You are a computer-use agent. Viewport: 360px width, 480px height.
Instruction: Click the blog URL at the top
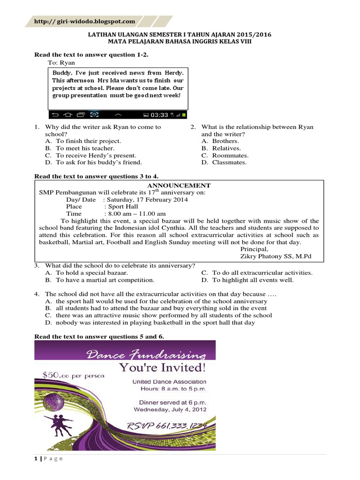tap(84, 22)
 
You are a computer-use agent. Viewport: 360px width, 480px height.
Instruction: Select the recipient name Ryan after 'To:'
tap(67, 63)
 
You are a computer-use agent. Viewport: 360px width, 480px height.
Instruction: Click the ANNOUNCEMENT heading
tap(180, 186)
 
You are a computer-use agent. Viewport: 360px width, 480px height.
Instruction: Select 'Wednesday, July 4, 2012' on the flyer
tap(170, 409)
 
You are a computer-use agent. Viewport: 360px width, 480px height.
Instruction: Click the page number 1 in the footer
tap(37, 459)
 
